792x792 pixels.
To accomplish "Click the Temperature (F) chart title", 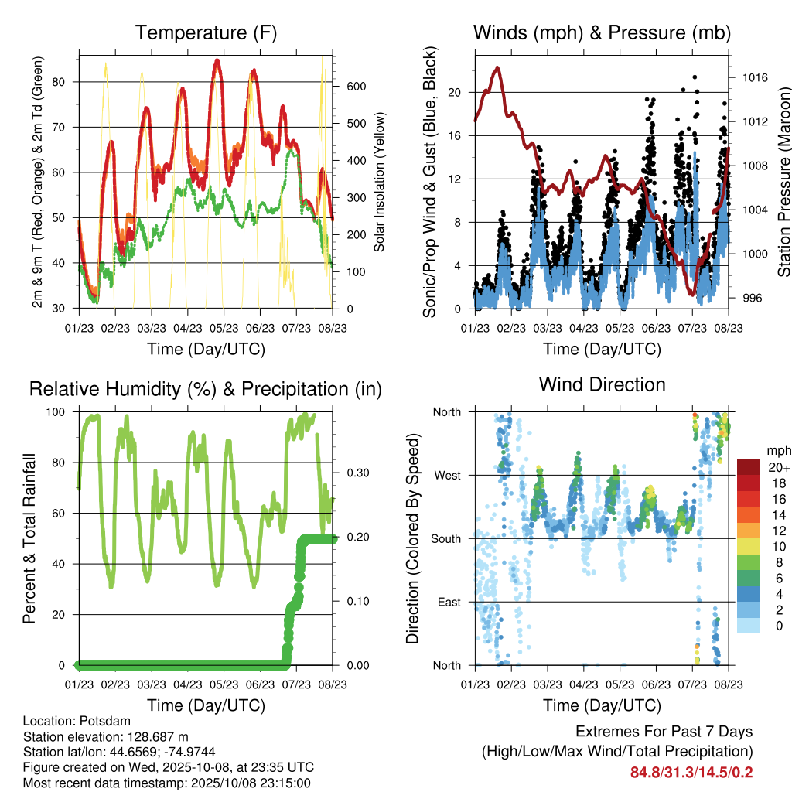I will point(205,32).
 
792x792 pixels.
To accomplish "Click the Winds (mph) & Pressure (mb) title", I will point(602,32).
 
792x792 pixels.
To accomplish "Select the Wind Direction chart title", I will point(602,384).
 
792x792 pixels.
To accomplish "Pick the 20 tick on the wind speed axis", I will point(454,93).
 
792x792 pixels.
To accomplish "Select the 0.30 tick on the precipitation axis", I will point(357,473).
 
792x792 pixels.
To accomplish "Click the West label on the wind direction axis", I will point(446,476).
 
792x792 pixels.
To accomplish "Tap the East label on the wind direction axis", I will point(448,602).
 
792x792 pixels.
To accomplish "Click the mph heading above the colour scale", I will point(777,450).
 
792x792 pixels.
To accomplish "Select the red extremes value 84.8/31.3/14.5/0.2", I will point(691,772).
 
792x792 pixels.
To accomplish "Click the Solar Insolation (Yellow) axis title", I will point(380,183).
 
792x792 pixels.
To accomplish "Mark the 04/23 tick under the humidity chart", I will point(187,684).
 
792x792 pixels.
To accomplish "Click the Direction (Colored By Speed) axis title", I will point(413,538).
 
